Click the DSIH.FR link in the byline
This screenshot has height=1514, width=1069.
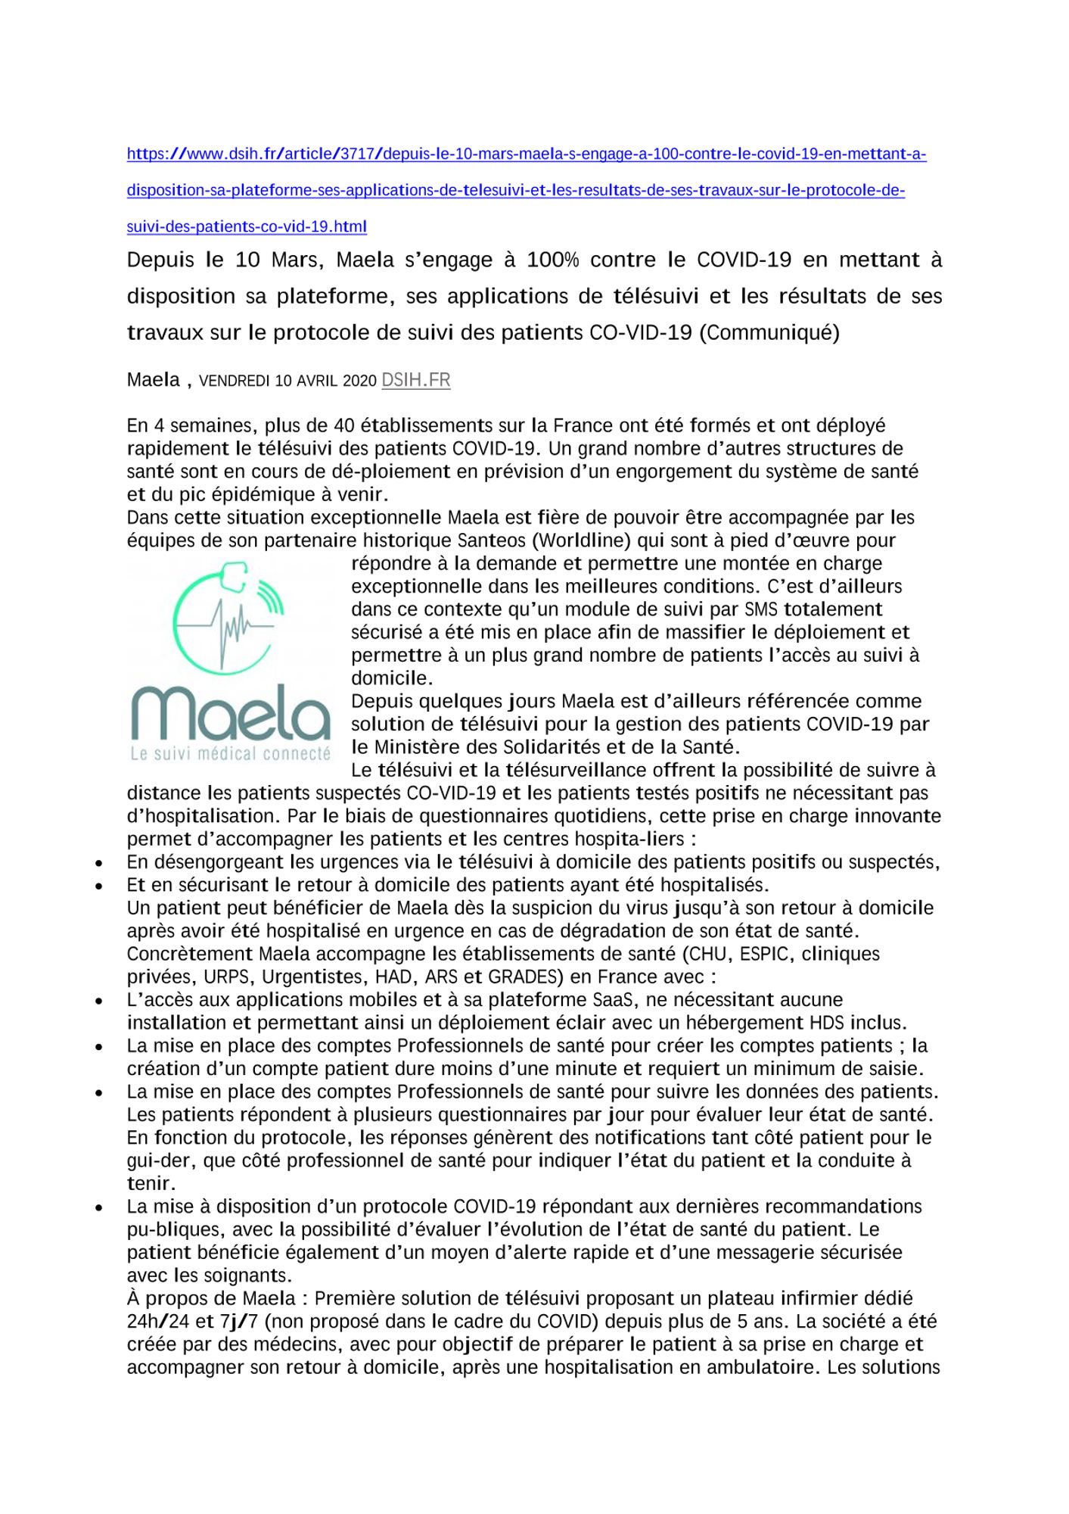pyautogui.click(x=415, y=380)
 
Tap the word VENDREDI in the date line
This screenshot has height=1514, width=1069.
pyautogui.click(x=234, y=381)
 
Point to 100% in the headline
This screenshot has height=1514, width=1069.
pyautogui.click(x=552, y=260)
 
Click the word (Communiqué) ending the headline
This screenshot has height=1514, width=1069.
pyautogui.click(x=769, y=333)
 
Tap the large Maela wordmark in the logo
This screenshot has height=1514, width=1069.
pyautogui.click(x=231, y=713)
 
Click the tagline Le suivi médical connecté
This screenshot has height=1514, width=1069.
pyautogui.click(x=231, y=754)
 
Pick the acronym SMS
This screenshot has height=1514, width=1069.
pyautogui.click(x=761, y=609)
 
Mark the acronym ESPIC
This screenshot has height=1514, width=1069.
pyautogui.click(x=764, y=954)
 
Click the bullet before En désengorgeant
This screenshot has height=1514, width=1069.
pyautogui.click(x=99, y=863)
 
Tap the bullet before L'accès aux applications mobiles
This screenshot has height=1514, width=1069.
pyautogui.click(x=99, y=1001)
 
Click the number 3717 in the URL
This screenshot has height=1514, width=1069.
pyautogui.click(x=358, y=154)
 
